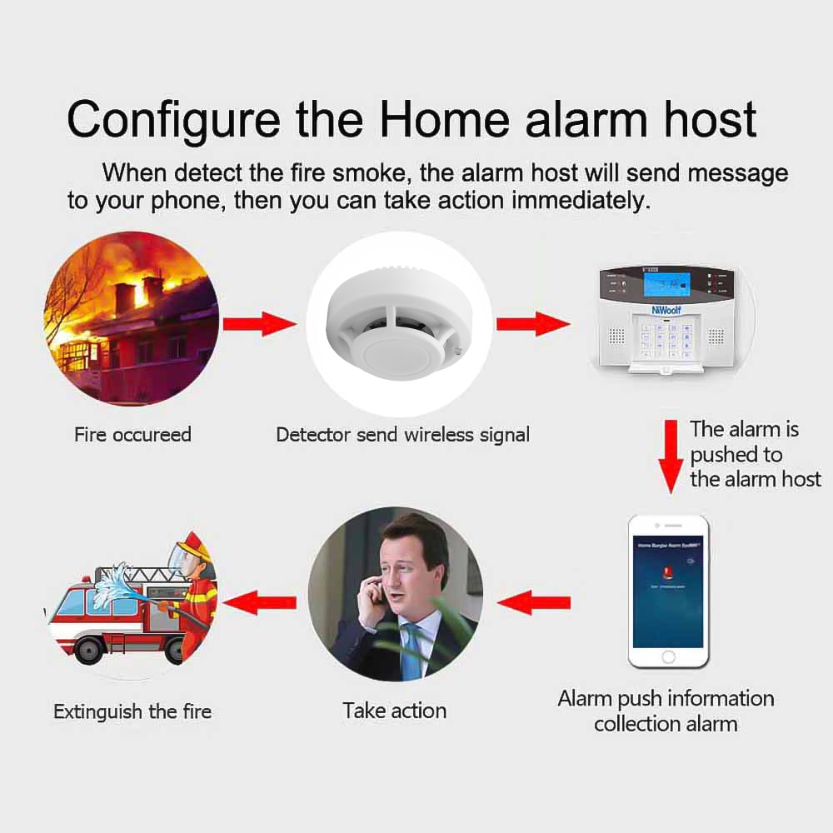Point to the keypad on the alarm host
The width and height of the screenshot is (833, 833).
(x=671, y=337)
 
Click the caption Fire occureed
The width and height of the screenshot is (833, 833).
(x=132, y=434)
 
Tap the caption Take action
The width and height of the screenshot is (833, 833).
(x=395, y=711)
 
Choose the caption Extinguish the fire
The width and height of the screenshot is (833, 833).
(x=132, y=711)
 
